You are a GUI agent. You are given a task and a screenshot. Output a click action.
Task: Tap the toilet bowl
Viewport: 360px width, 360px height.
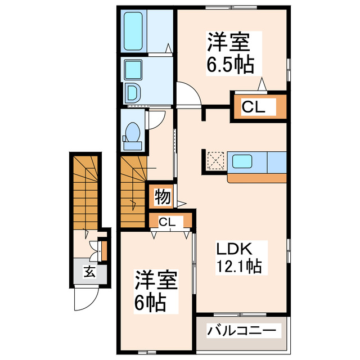(x=133, y=135)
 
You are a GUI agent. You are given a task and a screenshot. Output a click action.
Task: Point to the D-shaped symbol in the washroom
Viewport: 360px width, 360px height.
(x=133, y=92)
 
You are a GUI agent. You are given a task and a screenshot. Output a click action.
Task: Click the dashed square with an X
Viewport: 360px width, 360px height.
(x=215, y=161)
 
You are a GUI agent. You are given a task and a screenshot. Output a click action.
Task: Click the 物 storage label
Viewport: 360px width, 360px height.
(x=161, y=197)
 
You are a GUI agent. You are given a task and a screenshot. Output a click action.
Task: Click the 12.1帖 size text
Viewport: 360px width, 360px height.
(x=239, y=265)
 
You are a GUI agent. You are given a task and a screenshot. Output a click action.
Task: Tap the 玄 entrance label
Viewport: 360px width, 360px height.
(x=89, y=272)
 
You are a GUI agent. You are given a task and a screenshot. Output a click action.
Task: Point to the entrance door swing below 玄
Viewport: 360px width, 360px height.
(x=83, y=298)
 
